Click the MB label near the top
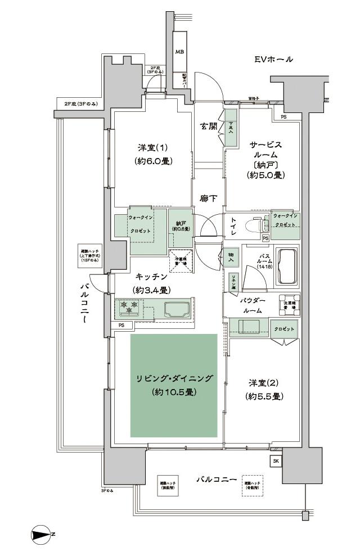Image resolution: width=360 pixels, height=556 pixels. [x=179, y=52]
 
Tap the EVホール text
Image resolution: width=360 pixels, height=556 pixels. [x=273, y=59]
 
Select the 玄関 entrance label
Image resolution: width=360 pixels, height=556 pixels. [x=208, y=126]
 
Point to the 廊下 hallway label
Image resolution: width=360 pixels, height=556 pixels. [x=208, y=198]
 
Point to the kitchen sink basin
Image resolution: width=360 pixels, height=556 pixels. [x=176, y=309]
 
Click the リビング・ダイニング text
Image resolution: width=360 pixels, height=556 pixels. [x=174, y=378]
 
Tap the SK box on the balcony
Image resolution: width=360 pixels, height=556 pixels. [x=276, y=461]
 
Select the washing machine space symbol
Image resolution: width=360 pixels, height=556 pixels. [x=289, y=303]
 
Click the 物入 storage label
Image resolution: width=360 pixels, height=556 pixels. [x=231, y=255]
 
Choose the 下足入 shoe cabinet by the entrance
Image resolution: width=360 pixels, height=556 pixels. [x=230, y=128]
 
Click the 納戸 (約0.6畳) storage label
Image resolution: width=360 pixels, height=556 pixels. [x=181, y=226]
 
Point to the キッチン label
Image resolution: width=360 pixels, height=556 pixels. [x=151, y=277]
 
